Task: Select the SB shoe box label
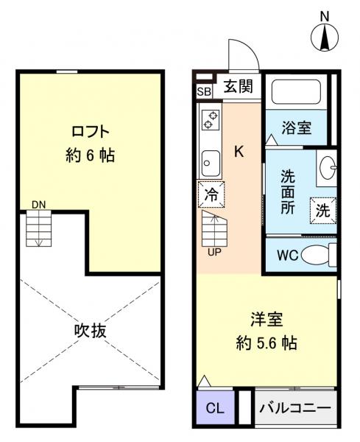click(204, 91)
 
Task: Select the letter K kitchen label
click(239, 152)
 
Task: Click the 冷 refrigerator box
click(211, 195)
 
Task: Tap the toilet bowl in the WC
click(317, 256)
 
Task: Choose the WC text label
click(287, 256)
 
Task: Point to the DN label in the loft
click(38, 204)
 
